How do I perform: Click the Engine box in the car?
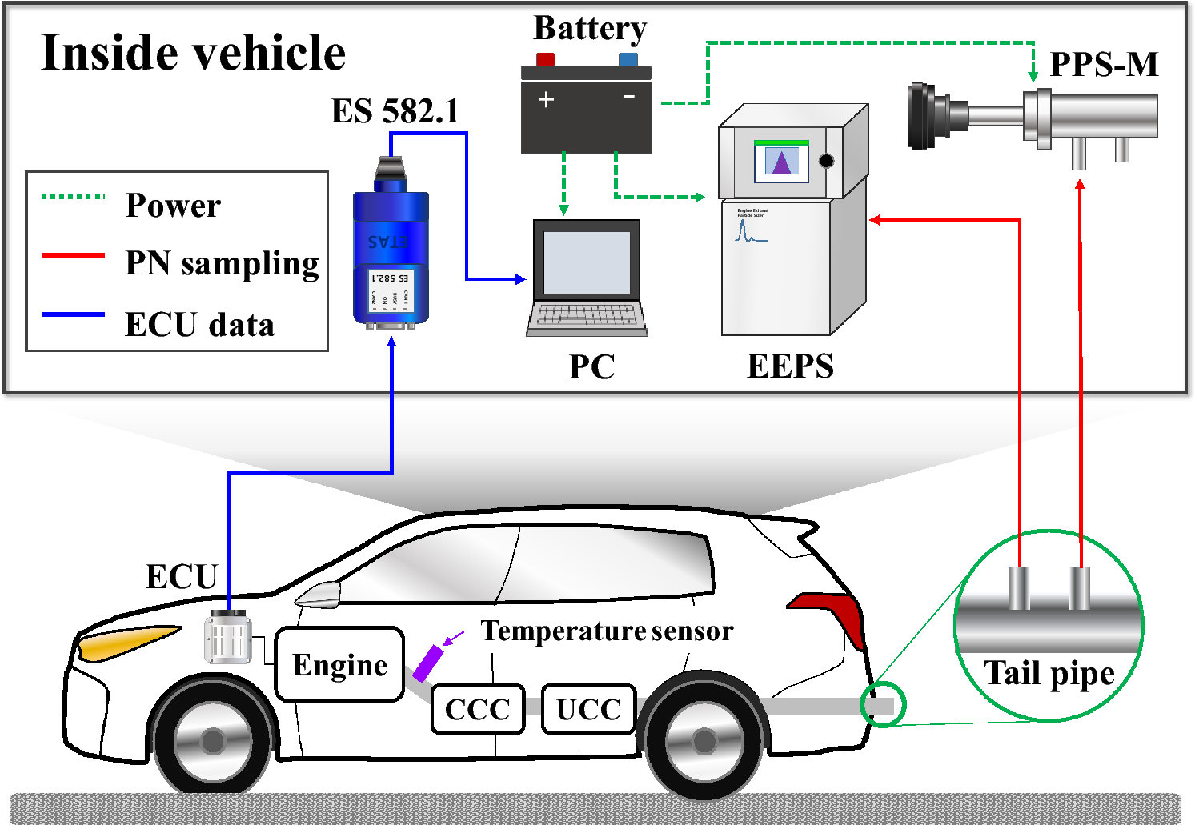point(339,665)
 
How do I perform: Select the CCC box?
point(478,709)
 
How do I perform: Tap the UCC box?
point(588,709)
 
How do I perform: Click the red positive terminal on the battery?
point(546,59)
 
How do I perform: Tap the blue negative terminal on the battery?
point(628,59)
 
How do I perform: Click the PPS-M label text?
point(1104,65)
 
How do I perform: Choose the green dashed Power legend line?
point(73,197)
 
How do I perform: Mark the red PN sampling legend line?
point(73,256)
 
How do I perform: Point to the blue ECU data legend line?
point(73,315)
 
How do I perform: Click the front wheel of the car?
point(212,741)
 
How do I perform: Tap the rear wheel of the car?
point(704,741)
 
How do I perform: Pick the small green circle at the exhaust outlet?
point(883,705)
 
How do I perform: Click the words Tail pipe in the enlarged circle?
point(1049,673)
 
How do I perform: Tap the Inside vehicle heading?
point(193,53)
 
